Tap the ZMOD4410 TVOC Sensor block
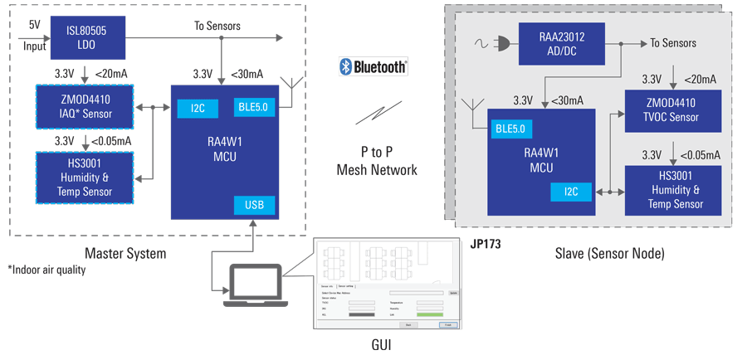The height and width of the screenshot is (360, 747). [x=673, y=110]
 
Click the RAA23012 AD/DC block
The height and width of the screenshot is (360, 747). [x=561, y=42]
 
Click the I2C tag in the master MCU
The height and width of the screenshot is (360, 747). [x=197, y=108]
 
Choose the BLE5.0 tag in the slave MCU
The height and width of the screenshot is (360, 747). [x=513, y=129]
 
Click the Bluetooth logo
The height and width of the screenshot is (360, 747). [x=373, y=66]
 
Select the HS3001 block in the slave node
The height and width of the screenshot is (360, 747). [x=673, y=191]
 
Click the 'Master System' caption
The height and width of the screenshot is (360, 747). [x=125, y=253]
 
